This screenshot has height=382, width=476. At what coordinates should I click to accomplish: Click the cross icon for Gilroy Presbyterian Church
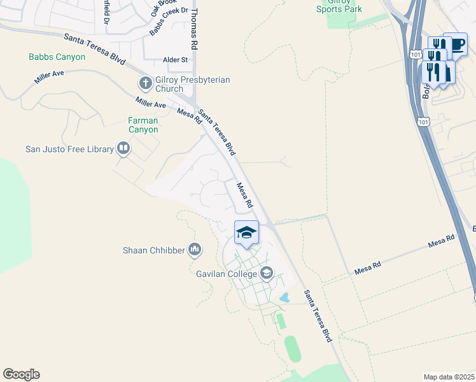coord(144,83)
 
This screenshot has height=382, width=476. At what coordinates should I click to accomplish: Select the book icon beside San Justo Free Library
coord(123,150)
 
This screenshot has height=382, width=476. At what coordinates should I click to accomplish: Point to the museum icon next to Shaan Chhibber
coord(195,250)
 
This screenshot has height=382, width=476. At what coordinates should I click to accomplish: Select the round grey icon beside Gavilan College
coord(267,274)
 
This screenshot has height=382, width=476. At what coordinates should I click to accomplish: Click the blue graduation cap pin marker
coord(246,233)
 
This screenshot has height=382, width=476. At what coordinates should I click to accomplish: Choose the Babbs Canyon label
coord(57,57)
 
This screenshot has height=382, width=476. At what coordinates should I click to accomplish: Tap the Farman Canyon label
coord(143,125)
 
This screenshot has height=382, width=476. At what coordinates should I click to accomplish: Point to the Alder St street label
coord(175,60)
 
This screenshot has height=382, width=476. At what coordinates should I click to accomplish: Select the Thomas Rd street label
coord(195,30)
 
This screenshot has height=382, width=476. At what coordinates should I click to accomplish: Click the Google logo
coord(21,374)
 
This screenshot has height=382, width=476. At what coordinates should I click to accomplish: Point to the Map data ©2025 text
coord(449,377)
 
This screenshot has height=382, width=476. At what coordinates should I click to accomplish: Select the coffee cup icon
coord(456,44)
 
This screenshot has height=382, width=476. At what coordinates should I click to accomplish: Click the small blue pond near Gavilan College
coord(284,297)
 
